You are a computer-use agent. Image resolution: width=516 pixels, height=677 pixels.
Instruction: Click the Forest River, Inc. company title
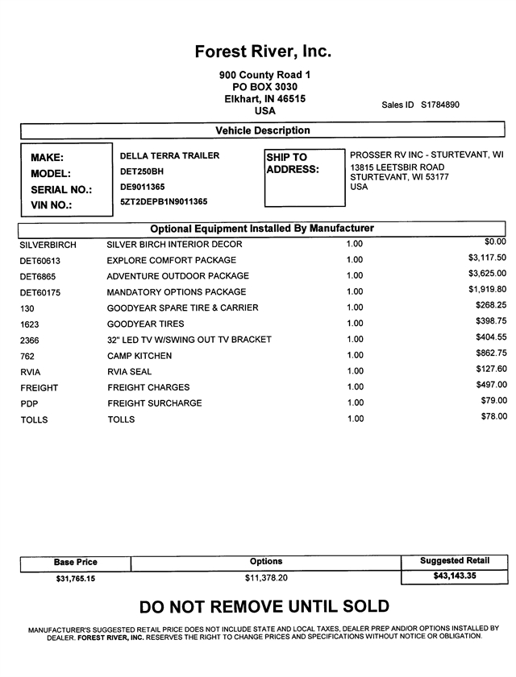(263, 52)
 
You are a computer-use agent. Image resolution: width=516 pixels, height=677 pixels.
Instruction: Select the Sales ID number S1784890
(439, 105)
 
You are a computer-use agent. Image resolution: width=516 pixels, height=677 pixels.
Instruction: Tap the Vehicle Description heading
(263, 130)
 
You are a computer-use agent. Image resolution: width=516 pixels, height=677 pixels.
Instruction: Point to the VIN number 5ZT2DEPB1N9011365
(164, 202)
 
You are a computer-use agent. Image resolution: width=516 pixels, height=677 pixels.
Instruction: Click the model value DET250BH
(142, 171)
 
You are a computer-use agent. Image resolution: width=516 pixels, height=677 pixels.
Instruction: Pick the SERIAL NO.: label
(61, 190)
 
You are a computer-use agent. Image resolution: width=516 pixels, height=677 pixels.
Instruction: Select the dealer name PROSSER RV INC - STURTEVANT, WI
(427, 155)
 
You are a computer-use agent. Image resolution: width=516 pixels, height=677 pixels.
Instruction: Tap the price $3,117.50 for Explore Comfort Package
(487, 258)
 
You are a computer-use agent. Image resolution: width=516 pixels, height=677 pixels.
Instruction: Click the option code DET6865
(40, 276)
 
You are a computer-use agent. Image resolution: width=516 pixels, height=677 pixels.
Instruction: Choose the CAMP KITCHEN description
(139, 356)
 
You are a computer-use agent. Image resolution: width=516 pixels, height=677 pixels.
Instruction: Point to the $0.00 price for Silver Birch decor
(495, 241)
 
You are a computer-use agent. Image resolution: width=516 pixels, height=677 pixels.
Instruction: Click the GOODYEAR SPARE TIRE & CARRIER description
(183, 308)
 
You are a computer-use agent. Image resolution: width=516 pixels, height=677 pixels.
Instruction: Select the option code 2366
(30, 341)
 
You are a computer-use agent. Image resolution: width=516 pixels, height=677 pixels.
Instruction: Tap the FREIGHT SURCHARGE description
(155, 403)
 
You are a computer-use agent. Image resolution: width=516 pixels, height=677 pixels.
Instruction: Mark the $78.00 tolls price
(493, 416)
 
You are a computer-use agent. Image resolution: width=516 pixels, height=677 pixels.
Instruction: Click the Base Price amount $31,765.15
(75, 579)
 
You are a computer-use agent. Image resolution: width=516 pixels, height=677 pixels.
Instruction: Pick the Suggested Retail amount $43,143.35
(454, 576)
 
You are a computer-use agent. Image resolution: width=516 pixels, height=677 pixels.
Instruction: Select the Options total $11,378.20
(266, 578)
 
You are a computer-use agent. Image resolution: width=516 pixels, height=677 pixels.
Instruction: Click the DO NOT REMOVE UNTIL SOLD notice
(264, 606)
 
